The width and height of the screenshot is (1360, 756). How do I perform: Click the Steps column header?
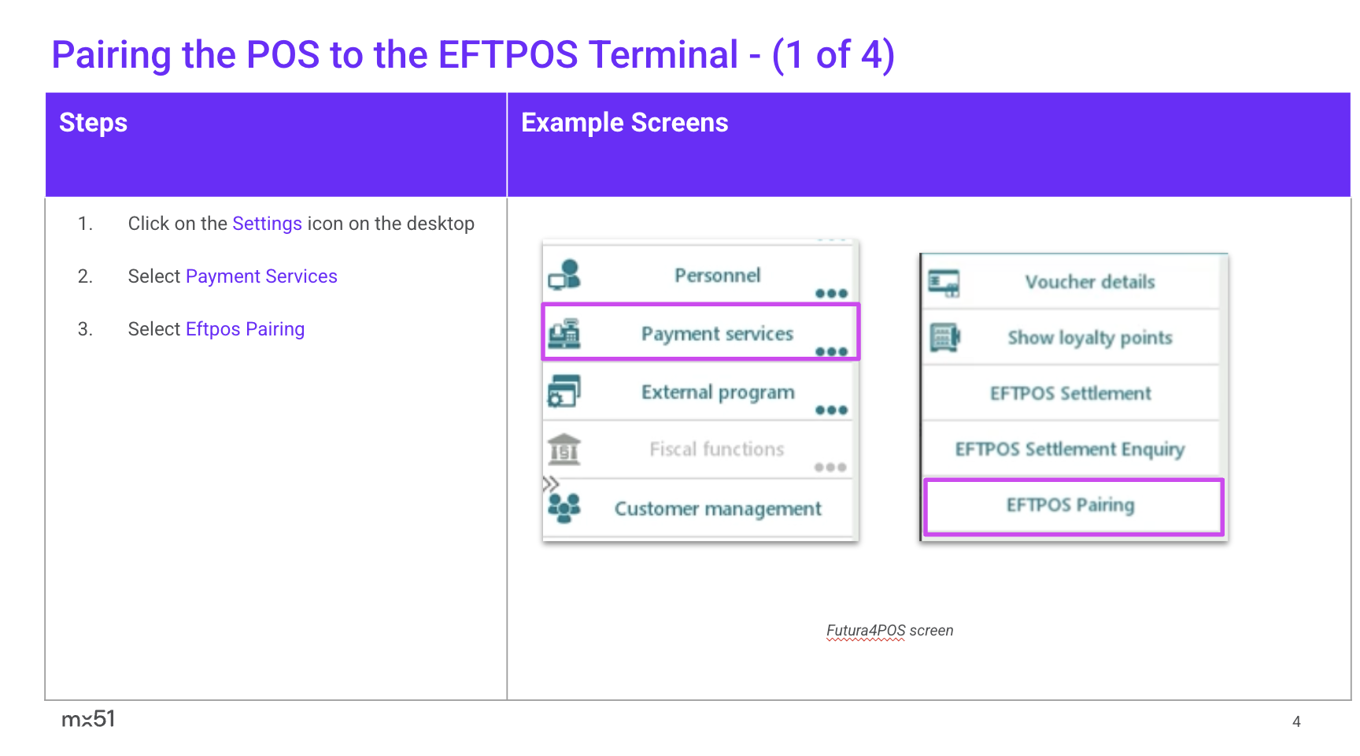93,123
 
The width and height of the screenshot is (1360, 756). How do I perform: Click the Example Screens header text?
624,123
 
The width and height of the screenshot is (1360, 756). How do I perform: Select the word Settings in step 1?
267,224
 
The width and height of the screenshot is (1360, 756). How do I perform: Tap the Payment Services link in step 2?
261,276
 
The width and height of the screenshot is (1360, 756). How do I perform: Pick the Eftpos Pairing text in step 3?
245,329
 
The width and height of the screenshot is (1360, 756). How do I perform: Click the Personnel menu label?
717,276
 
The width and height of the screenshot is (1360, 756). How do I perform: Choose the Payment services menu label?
717,334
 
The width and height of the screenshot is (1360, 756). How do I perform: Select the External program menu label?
718,392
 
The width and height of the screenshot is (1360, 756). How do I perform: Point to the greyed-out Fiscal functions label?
717,449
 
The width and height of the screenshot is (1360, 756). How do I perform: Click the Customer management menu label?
718,509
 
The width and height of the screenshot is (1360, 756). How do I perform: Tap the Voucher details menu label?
1090,282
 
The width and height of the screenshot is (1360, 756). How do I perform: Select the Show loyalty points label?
1090,338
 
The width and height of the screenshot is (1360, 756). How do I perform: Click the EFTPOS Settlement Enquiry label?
1070,450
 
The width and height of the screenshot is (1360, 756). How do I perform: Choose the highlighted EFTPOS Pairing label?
1070,505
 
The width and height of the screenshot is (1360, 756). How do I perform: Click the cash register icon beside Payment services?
564,334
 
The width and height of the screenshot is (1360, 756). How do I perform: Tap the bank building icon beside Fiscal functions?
564,449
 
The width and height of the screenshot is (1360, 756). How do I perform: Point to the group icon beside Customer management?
564,508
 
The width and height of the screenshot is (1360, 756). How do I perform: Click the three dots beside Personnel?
831,294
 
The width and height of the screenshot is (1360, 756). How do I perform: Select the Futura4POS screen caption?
889,631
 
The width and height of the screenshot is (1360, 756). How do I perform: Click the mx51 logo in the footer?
88,719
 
